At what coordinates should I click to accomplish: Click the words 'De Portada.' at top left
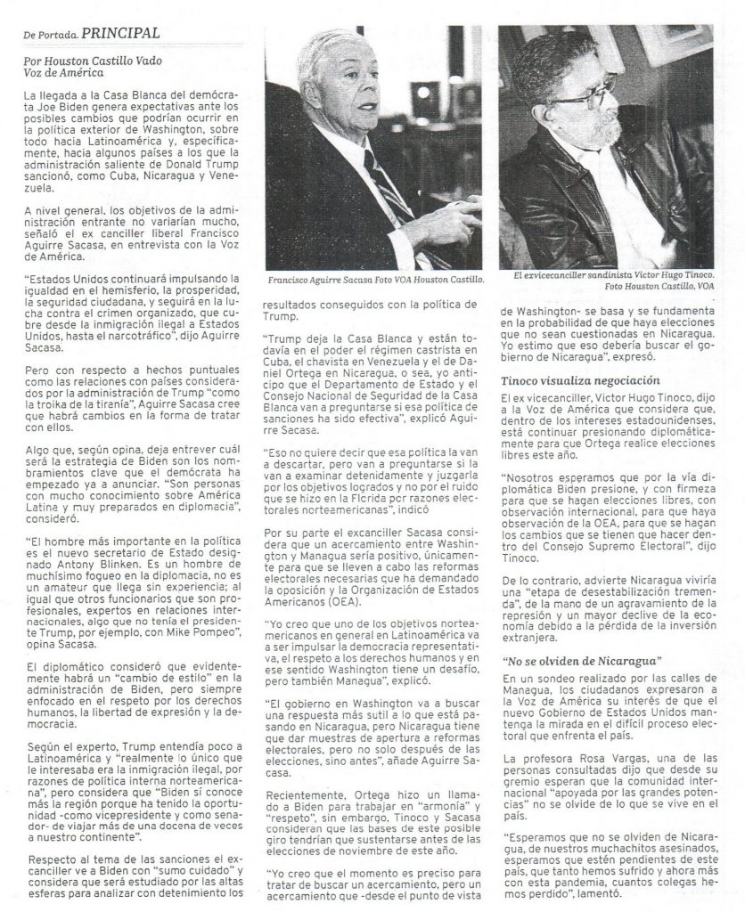50,35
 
